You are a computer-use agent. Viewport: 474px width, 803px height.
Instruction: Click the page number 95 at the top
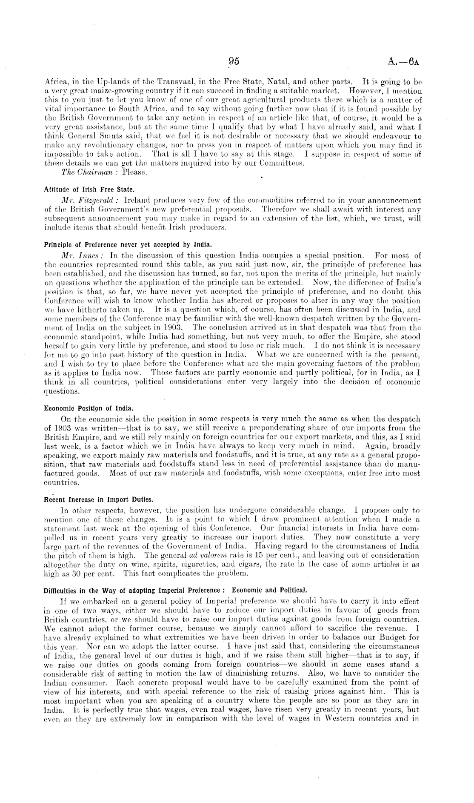coord(234,61)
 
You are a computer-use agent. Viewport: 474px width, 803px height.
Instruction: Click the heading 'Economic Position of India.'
coord(89,408)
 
